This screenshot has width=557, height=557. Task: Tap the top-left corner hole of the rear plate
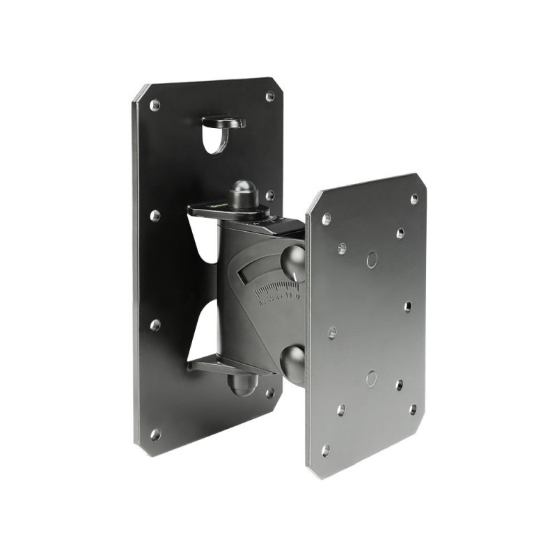pos(155,105)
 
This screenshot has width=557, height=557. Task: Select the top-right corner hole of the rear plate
pos(269,97)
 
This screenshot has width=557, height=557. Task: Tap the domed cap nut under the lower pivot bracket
pos(242,384)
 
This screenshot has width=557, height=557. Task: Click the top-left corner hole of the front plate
pos(326,219)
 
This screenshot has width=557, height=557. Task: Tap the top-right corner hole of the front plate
pos(414,199)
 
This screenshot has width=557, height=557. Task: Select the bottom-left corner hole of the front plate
pos(324,451)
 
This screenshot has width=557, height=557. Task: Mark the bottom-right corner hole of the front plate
pos(413,409)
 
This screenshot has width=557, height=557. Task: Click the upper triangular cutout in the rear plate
pos(202,237)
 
